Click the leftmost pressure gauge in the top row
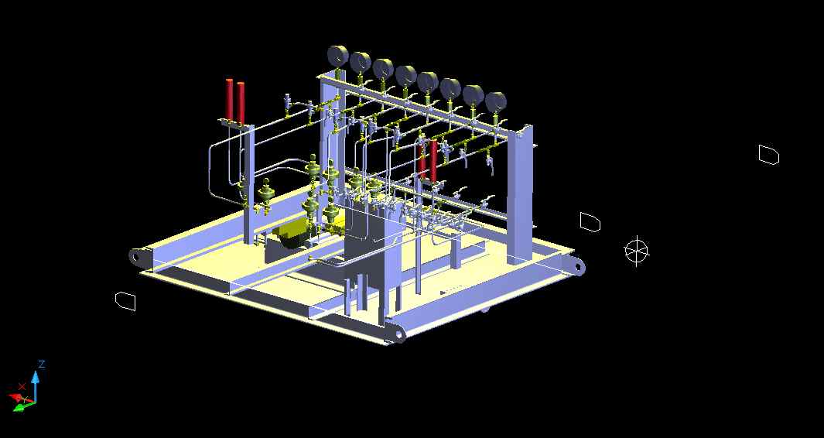coord(338,56)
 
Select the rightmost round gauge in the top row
coord(495,102)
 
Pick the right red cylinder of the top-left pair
coord(241,102)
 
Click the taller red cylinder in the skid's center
coord(433,161)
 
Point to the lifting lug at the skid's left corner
coord(138,257)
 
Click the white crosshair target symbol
coord(637,251)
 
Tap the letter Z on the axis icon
coord(42,364)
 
